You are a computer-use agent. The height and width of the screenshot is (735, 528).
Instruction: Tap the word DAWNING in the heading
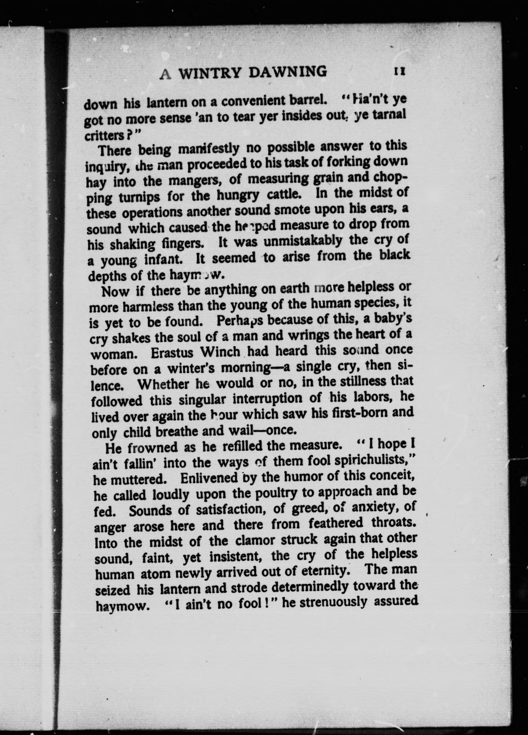tap(288, 72)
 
